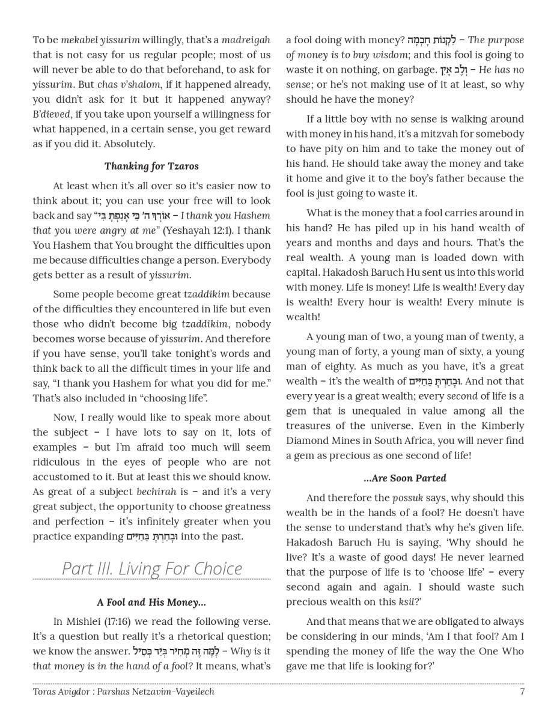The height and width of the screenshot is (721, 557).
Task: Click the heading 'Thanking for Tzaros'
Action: tap(151, 166)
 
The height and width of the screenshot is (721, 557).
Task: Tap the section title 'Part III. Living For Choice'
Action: tap(152, 568)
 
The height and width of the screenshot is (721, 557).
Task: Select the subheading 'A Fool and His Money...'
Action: tap(151, 603)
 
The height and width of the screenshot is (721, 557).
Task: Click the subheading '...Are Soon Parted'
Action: tap(405, 479)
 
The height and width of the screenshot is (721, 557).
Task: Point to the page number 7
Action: tap(522, 692)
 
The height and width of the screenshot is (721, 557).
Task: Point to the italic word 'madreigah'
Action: tap(246, 40)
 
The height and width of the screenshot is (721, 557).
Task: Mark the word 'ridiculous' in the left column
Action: tap(58, 462)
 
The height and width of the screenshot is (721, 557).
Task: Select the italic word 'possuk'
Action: tap(407, 498)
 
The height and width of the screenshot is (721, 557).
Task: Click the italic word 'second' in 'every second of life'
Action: tap(461, 397)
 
